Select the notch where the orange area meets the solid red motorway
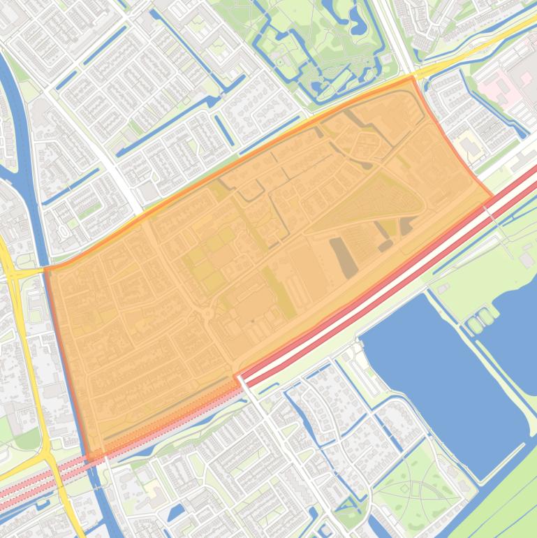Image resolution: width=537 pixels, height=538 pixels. click(x=237, y=378)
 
